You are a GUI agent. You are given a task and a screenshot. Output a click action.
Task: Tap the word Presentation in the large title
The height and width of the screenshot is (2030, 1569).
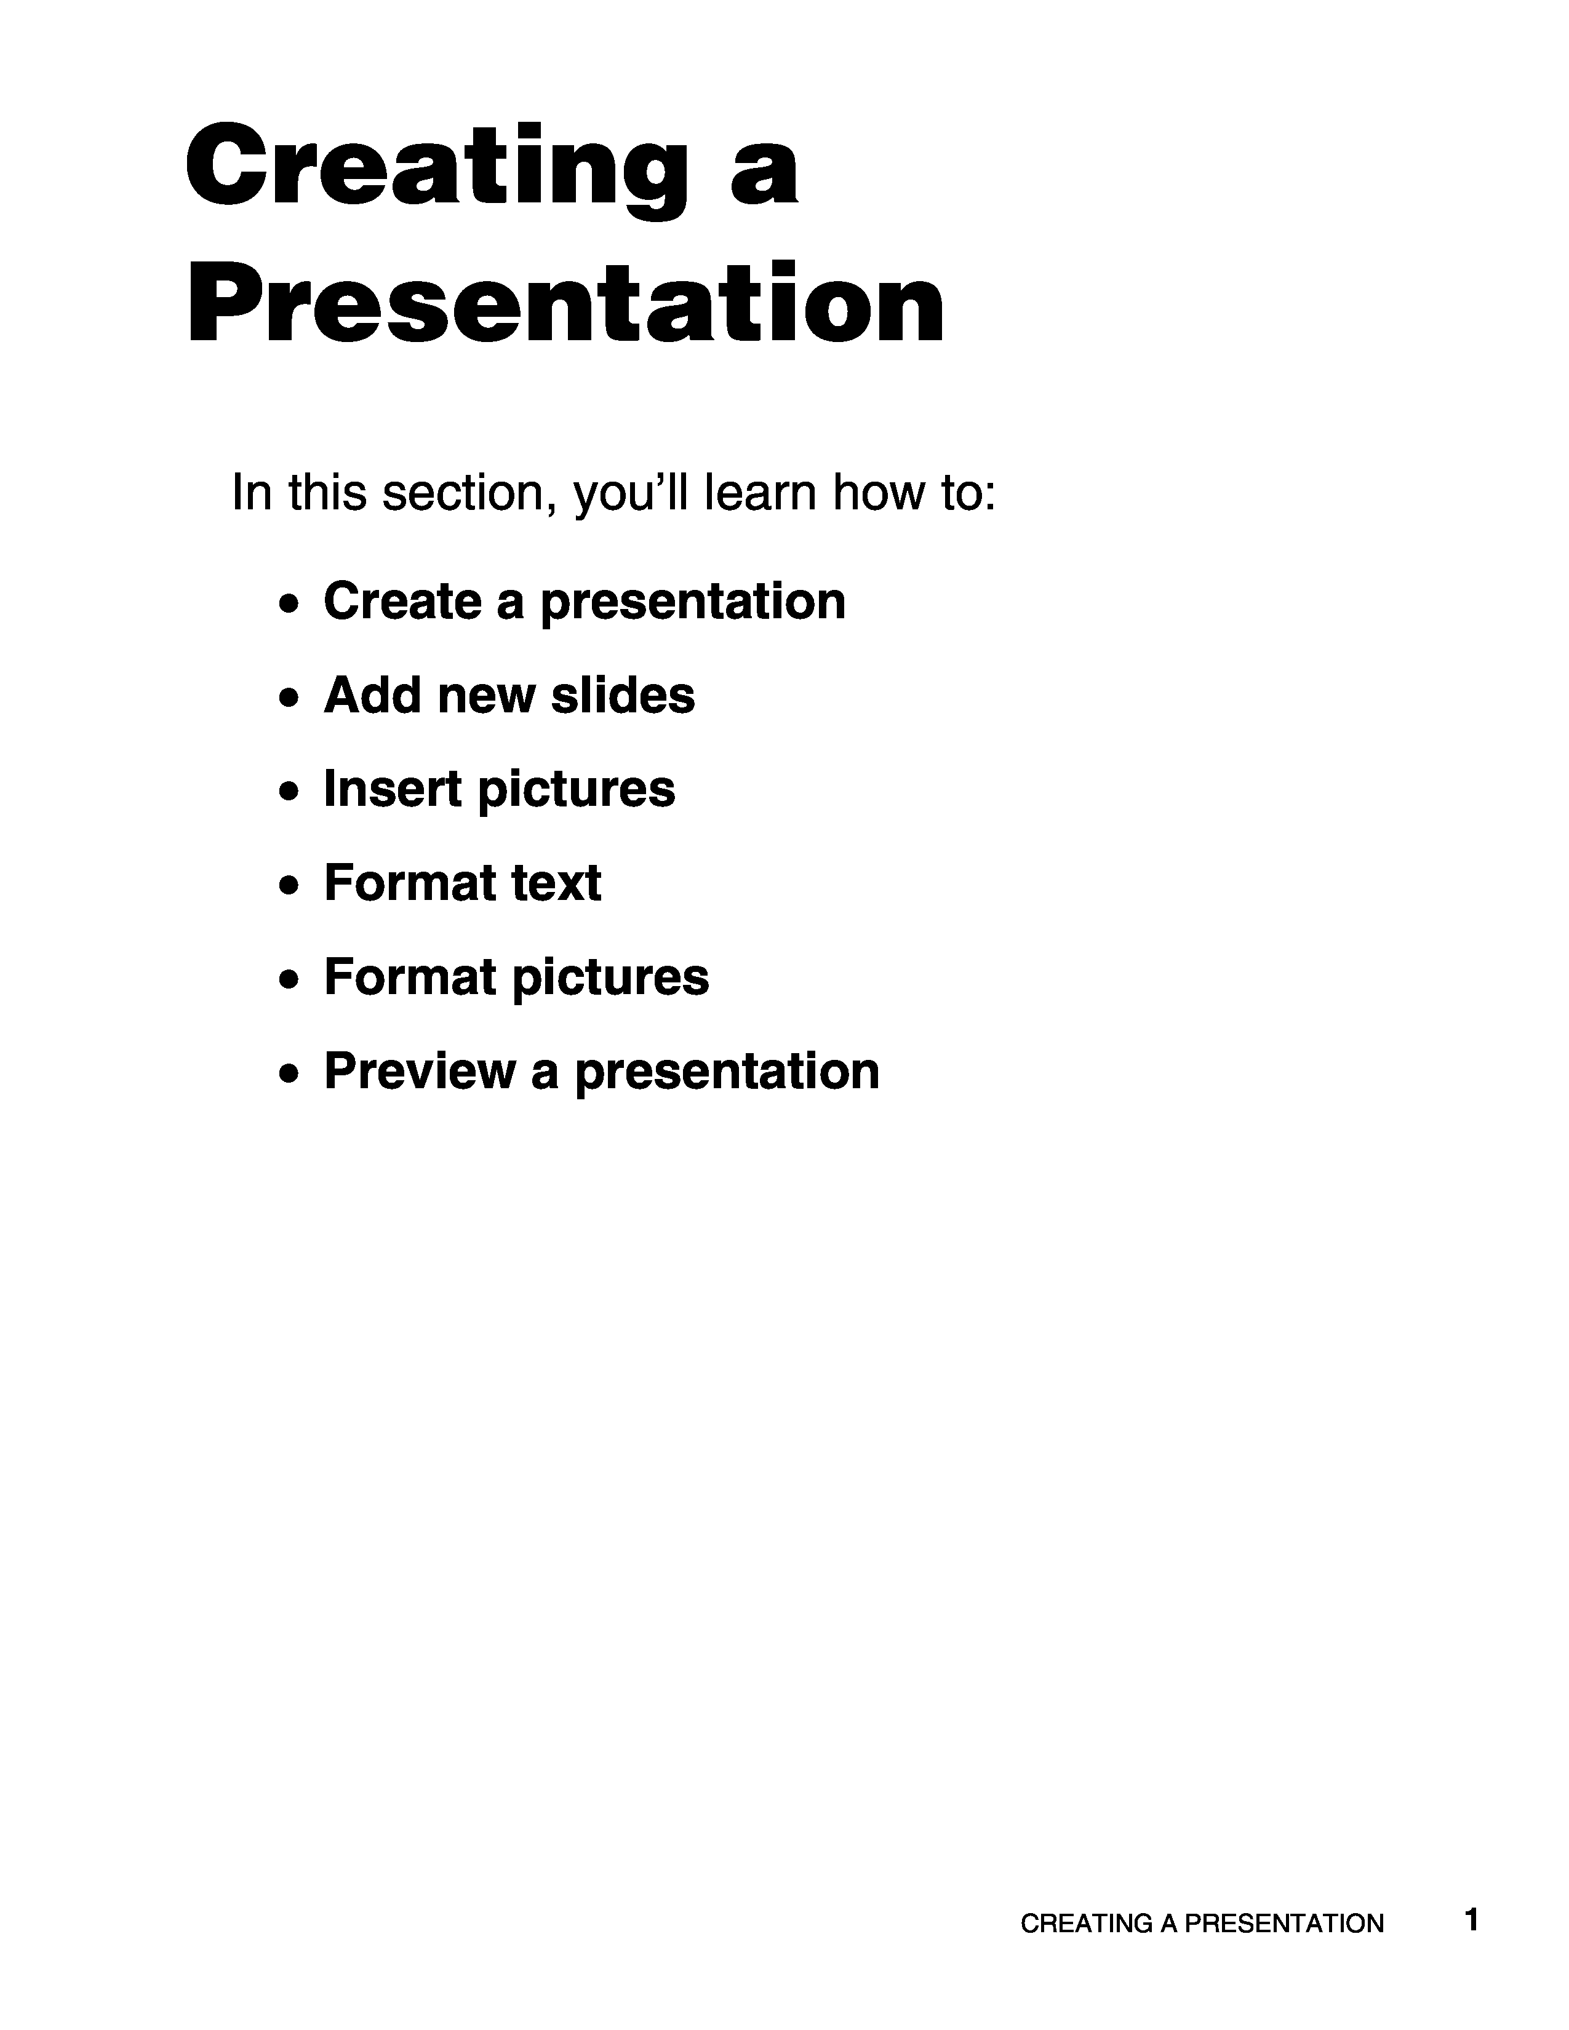(565, 304)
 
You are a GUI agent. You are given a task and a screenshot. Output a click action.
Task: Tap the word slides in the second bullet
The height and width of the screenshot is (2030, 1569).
(623, 695)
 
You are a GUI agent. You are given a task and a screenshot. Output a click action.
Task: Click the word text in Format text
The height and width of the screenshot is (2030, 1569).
(555, 883)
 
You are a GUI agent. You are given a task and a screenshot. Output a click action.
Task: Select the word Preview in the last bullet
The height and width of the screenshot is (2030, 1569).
(419, 1071)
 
